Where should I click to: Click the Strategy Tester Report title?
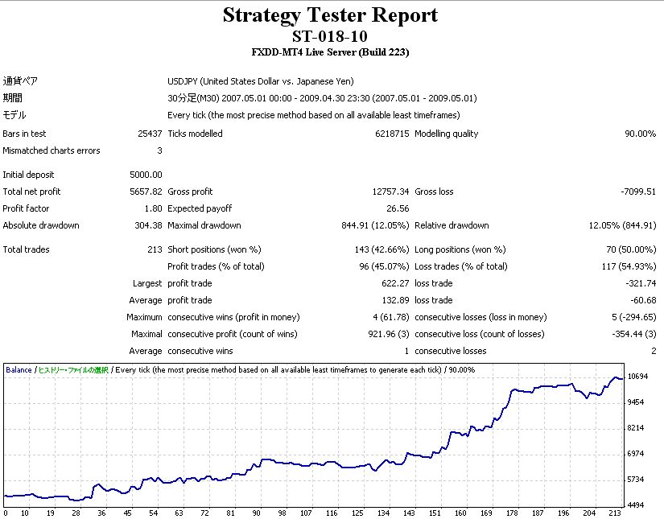tap(330, 15)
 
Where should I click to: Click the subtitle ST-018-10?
tap(330, 36)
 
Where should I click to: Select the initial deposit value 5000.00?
tap(146, 175)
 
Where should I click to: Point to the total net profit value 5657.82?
tap(146, 192)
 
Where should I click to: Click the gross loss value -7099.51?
tap(637, 192)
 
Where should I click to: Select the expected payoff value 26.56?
tap(398, 208)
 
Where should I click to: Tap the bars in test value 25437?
tap(150, 134)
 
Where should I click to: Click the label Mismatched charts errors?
tap(52, 150)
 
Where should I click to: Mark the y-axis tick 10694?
tap(638, 377)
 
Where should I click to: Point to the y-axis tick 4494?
tap(636, 505)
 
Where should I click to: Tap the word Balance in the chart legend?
tap(19, 370)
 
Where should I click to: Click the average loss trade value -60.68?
tap(642, 300)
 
